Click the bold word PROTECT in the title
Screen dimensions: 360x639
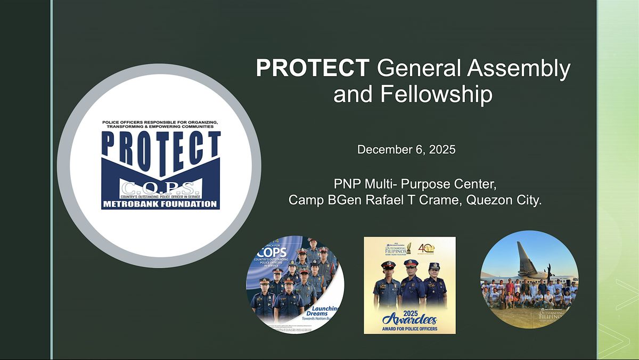coord(312,69)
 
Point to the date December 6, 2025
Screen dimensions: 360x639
coord(406,150)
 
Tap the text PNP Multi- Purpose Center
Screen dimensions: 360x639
coord(415,184)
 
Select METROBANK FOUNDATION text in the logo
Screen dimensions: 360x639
coord(160,203)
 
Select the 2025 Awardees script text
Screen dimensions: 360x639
coord(409,318)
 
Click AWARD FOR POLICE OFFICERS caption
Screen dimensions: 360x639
coord(409,328)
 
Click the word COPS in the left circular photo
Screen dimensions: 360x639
coord(274,251)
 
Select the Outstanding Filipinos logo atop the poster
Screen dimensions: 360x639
coord(397,249)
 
